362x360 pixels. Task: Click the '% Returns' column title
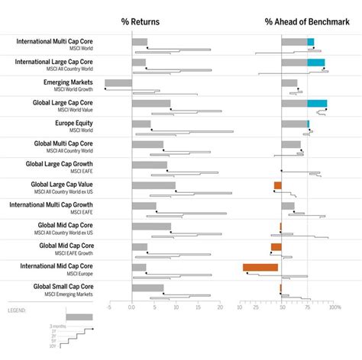[x=142, y=22]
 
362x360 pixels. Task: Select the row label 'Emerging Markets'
[x=69, y=82]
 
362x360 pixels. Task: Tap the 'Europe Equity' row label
[x=73, y=123]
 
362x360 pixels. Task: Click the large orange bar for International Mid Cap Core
[x=260, y=267]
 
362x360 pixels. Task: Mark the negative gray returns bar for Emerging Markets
[x=118, y=83]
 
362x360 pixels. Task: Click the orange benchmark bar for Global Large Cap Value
[x=278, y=185]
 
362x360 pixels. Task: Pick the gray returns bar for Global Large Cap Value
[x=154, y=185]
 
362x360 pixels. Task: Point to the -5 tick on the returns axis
[x=109, y=307]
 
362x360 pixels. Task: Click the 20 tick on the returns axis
[x=220, y=307]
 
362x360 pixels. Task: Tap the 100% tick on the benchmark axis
[x=334, y=307]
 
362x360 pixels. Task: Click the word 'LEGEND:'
[x=17, y=311]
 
